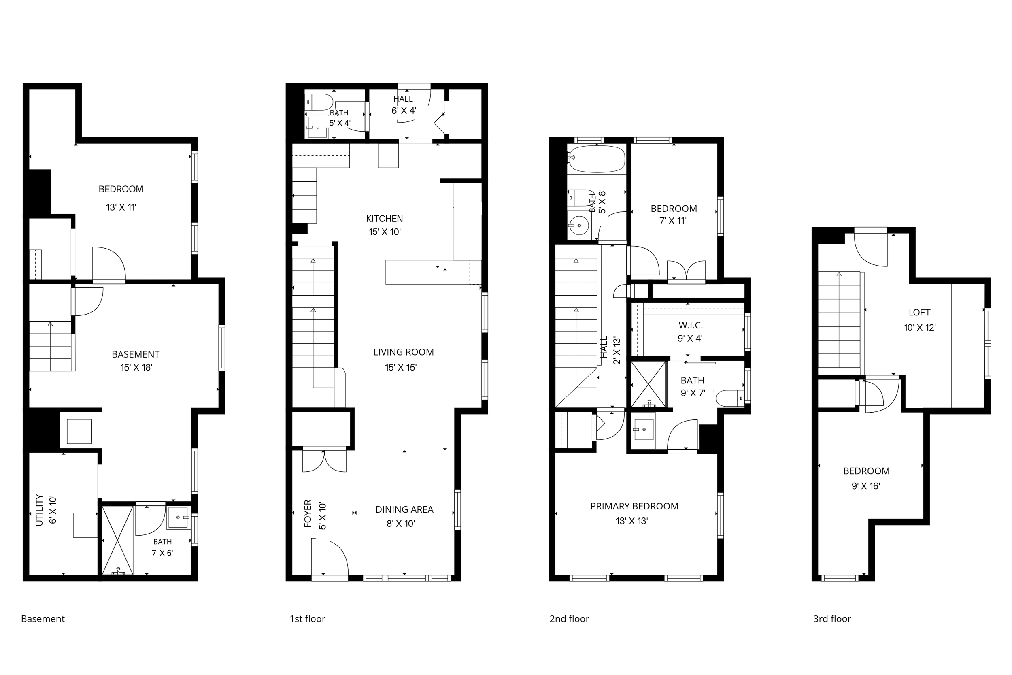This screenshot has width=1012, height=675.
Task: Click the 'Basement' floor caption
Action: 43,619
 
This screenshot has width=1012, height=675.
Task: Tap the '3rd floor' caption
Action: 832,619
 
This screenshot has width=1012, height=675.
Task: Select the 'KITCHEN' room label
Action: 384,219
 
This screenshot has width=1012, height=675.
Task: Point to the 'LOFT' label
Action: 919,313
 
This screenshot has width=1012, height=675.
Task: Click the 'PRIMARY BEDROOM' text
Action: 634,506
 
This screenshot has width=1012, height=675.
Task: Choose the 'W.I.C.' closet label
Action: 691,326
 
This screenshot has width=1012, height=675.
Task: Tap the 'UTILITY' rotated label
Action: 40,510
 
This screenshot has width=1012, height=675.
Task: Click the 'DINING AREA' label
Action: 404,510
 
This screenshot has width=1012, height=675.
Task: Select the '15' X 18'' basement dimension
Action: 136,367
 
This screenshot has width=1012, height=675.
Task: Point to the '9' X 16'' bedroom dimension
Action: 866,486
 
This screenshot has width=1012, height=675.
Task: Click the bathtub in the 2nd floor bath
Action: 596,159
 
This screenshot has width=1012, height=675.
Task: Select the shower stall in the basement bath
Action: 117,540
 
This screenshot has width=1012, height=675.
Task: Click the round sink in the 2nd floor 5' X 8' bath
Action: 579,225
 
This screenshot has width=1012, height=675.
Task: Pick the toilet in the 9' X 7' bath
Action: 730,398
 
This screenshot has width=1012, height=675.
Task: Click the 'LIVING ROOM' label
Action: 403,352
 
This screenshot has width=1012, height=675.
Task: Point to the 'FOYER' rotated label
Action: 308,513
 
